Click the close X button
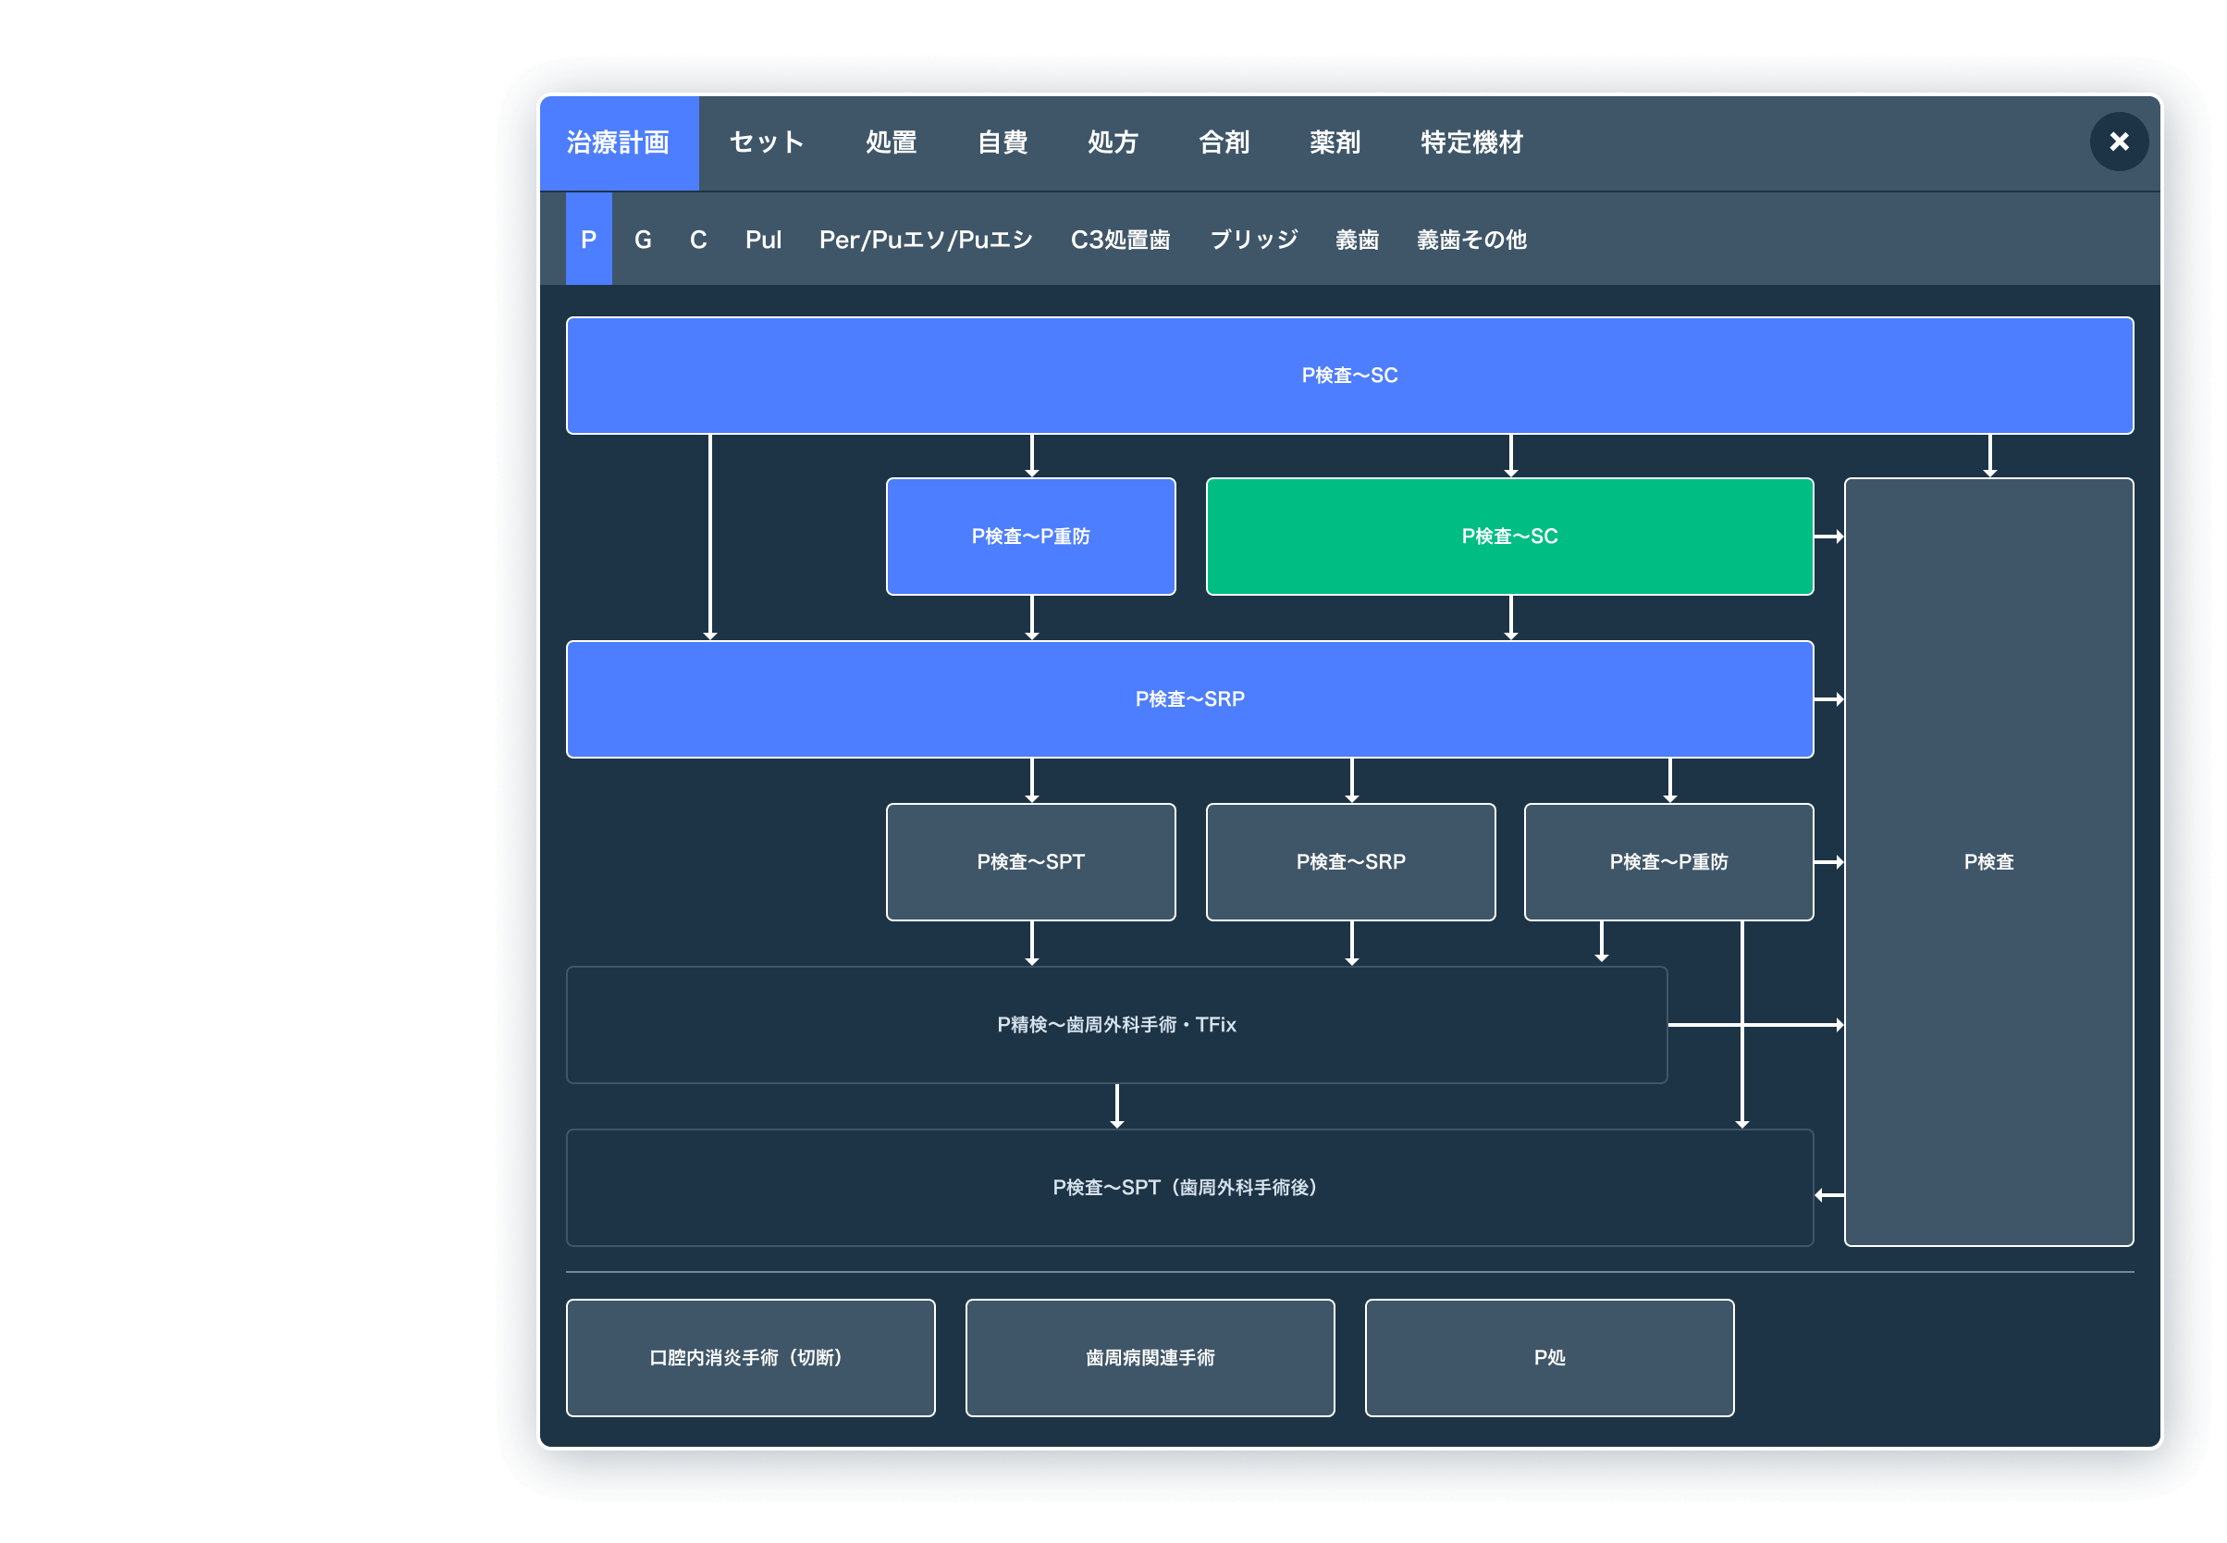pyautogui.click(x=2118, y=142)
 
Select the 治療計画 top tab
pyautogui.click(x=618, y=142)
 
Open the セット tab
pyautogui.click(x=767, y=142)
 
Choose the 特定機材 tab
pyautogui.click(x=1471, y=142)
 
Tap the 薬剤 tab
pyautogui.click(x=1334, y=142)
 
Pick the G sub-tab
pyautogui.click(x=643, y=239)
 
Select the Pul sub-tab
pyautogui.click(x=763, y=239)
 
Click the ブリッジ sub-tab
pyautogui.click(x=1254, y=239)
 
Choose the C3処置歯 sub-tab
pyautogui.click(x=1120, y=239)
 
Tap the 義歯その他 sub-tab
pyautogui.click(x=1471, y=239)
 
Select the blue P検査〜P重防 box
pyautogui.click(x=1030, y=536)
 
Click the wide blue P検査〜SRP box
pyautogui.click(x=1189, y=698)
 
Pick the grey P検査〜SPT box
pyautogui.click(x=1030, y=860)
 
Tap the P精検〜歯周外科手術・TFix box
pyautogui.click(x=1116, y=1024)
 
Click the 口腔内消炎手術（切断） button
pyautogui.click(x=750, y=1356)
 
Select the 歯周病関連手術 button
pyautogui.click(x=1150, y=1356)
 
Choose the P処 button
pyautogui.click(x=1548, y=1356)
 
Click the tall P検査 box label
pyautogui.click(x=1988, y=860)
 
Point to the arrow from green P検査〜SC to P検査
pyautogui.click(x=1827, y=536)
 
